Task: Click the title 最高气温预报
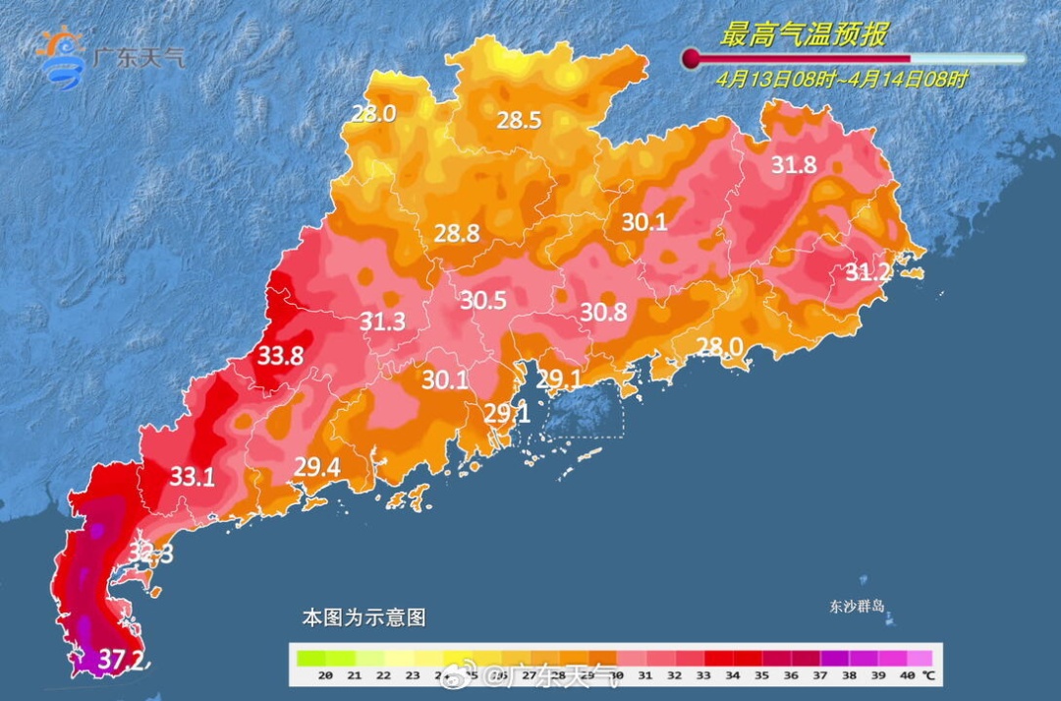click(x=804, y=34)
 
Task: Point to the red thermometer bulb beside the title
click(x=692, y=59)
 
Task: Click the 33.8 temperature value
click(x=280, y=356)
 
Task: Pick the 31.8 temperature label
click(x=793, y=165)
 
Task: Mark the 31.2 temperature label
click(x=868, y=272)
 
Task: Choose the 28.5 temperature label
click(x=519, y=121)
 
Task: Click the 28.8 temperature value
click(x=457, y=233)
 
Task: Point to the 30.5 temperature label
click(x=483, y=301)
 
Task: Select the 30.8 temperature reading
click(x=603, y=312)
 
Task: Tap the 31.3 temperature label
click(x=382, y=321)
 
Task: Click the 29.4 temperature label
click(x=317, y=467)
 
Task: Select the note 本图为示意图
click(x=363, y=618)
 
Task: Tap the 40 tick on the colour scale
click(x=905, y=675)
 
